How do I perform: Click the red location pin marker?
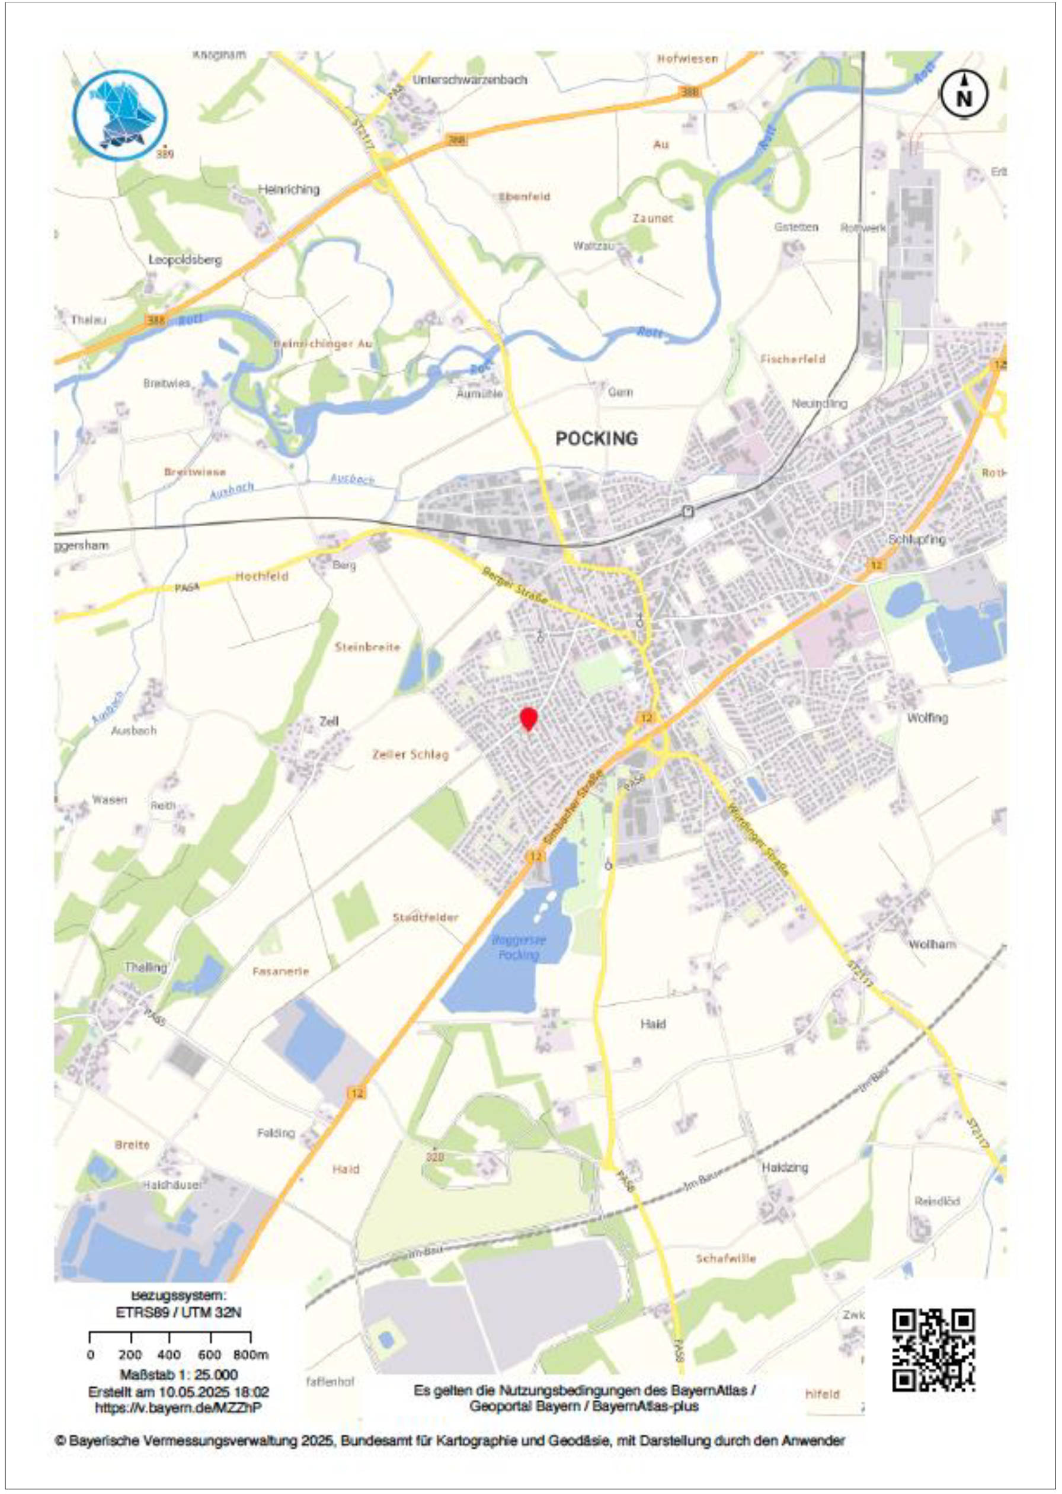click(529, 719)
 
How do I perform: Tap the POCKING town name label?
click(596, 439)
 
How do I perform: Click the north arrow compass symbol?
click(964, 94)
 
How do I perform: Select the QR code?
click(934, 1349)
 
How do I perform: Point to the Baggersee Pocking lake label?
click(519, 948)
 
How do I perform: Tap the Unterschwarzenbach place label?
click(469, 80)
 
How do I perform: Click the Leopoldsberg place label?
click(185, 260)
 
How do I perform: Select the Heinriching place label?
click(289, 190)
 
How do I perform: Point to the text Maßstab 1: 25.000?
click(178, 1374)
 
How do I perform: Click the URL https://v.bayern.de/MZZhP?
click(178, 1407)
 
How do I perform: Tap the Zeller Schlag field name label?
click(411, 754)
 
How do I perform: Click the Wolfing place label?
click(927, 718)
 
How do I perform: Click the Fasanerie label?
click(280, 971)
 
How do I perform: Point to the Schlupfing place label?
click(917, 539)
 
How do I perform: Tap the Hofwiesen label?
click(687, 59)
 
